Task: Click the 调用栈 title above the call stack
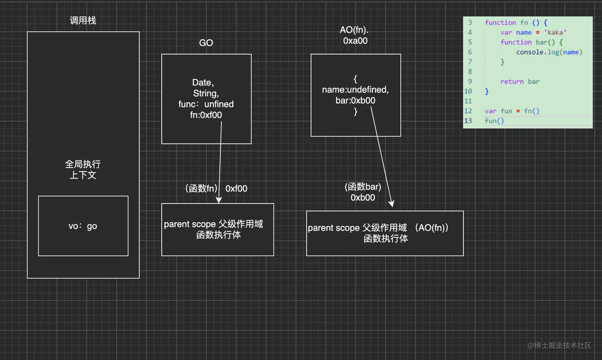[83, 21]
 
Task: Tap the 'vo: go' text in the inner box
[83, 226]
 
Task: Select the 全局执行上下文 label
[83, 170]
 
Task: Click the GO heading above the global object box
[206, 43]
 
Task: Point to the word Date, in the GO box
[203, 82]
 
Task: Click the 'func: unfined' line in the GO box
[206, 104]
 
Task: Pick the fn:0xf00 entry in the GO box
[206, 115]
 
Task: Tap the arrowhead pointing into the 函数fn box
[219, 200]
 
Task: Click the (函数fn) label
[201, 188]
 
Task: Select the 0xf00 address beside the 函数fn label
[236, 189]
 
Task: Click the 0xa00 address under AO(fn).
[355, 41]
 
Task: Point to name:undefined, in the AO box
[355, 90]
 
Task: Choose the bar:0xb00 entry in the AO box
[355, 100]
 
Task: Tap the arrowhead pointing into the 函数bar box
[391, 203]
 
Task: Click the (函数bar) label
[363, 187]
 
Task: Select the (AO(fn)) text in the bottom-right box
[432, 228]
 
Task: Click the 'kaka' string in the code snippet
[555, 32]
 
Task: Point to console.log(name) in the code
[549, 52]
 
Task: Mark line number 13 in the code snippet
[468, 121]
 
